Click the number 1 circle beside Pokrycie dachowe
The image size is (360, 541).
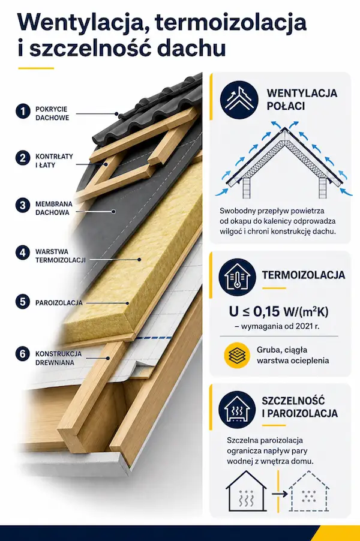click(x=23, y=112)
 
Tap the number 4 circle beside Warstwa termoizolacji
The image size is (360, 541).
click(x=23, y=253)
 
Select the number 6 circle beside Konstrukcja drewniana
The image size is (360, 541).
click(x=23, y=354)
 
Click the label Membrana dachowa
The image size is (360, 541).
click(x=53, y=208)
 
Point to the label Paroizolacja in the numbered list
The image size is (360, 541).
click(x=59, y=302)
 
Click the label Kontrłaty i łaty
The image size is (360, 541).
click(x=54, y=160)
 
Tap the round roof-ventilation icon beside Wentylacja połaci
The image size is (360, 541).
click(x=239, y=100)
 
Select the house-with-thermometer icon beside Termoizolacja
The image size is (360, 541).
click(x=238, y=276)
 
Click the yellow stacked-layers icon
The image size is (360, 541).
click(x=237, y=356)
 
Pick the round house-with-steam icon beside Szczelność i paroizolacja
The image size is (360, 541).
click(x=237, y=410)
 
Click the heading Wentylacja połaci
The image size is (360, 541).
click(x=302, y=100)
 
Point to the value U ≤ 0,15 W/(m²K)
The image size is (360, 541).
click(x=278, y=311)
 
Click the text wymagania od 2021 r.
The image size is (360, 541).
click(x=281, y=326)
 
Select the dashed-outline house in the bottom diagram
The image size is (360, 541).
click(x=308, y=491)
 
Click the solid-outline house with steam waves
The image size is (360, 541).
click(x=247, y=491)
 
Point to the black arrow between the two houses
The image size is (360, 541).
click(x=280, y=494)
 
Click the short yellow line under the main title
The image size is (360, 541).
click(x=36, y=68)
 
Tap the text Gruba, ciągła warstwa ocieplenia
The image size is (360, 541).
click(x=293, y=356)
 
